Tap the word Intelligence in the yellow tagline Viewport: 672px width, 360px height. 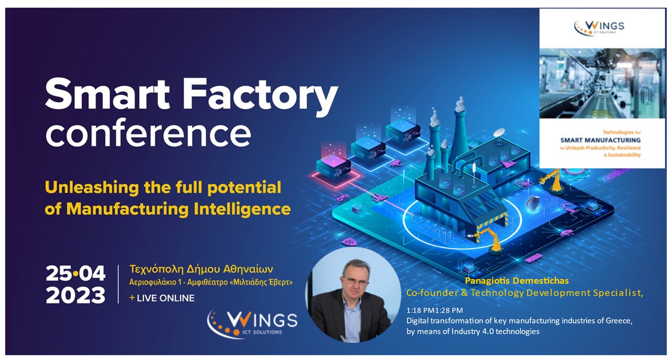tap(242, 209)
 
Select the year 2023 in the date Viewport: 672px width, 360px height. tap(76, 295)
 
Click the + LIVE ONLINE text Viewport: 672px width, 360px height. tap(162, 298)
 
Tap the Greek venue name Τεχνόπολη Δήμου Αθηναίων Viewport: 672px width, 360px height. tap(201, 269)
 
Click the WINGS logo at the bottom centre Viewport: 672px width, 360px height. tap(252, 323)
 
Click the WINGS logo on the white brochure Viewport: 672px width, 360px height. tap(599, 28)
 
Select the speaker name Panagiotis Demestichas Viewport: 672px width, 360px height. tap(517, 281)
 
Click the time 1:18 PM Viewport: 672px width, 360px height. tap(420, 310)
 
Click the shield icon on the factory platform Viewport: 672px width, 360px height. tap(533, 204)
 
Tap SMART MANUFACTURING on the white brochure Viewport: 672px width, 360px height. tap(600, 140)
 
